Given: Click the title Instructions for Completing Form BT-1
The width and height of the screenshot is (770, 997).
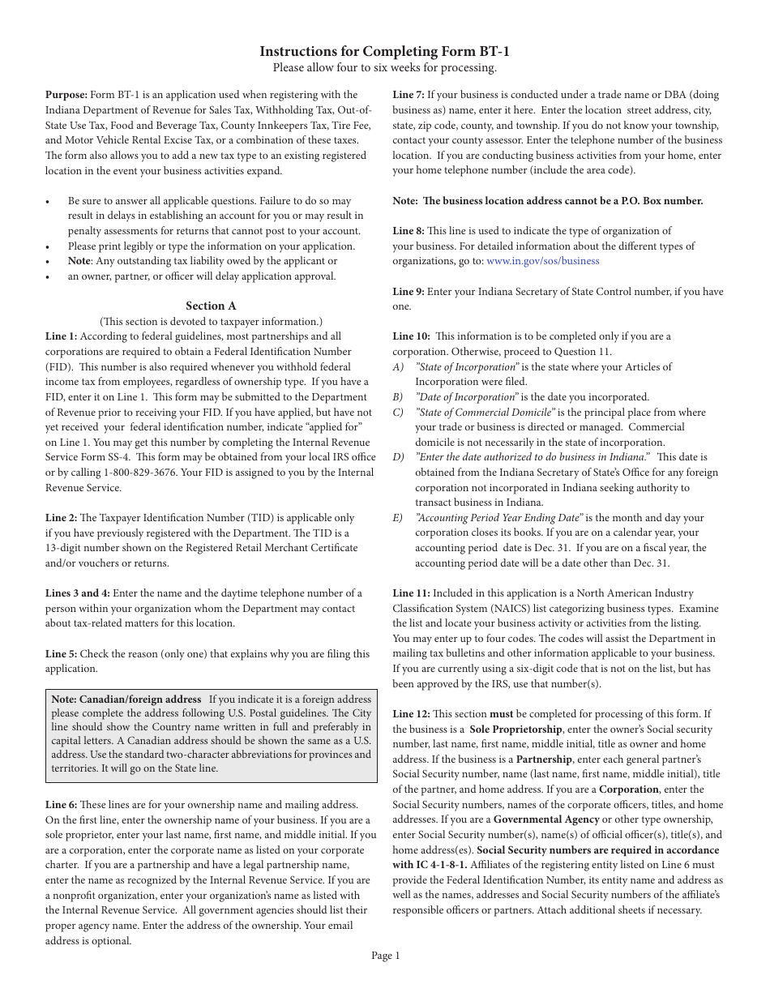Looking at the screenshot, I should point(384,51).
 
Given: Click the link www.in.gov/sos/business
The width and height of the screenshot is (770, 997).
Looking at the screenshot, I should point(543,261).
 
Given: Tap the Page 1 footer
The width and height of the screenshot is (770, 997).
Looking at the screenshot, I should point(385,956).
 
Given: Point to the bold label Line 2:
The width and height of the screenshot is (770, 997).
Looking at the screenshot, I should point(62,518).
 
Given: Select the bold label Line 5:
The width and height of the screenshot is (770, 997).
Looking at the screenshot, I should point(62,654).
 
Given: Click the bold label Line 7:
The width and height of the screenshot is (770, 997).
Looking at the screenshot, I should point(409,95).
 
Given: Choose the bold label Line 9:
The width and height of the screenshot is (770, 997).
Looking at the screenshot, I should point(409,292).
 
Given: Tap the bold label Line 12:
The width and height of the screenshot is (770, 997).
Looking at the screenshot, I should point(412,714).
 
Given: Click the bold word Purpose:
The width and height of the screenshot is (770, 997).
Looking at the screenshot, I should point(66,95).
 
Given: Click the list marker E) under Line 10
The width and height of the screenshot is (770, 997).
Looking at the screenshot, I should point(398,518).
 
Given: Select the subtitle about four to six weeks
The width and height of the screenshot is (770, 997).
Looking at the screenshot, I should point(384,68).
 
